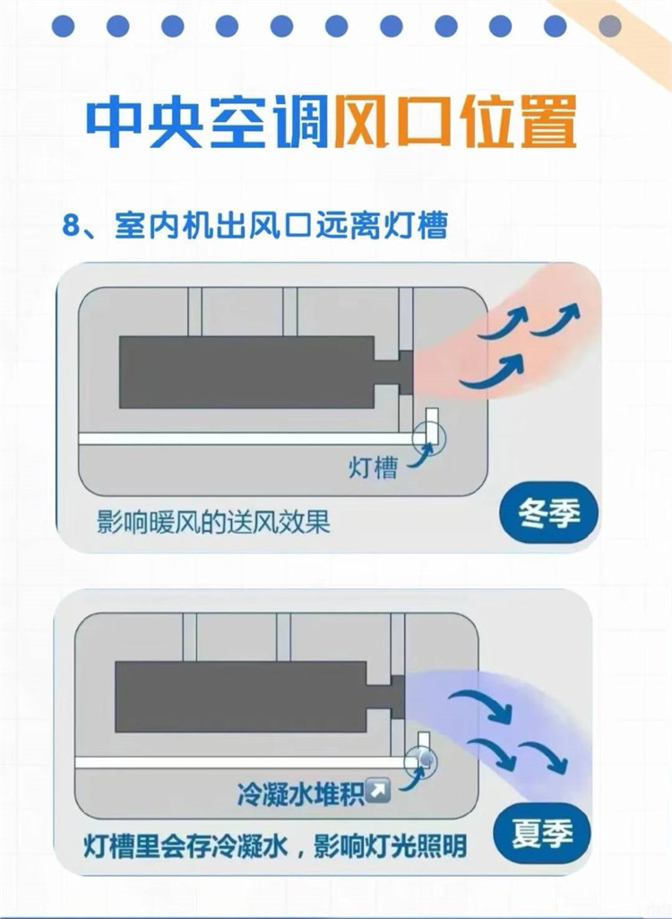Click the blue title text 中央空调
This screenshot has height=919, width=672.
coord(207,123)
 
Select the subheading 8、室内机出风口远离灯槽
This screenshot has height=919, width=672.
coord(254,225)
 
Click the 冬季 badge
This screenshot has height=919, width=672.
coord(549,514)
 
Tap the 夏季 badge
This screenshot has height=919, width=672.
coord(542,833)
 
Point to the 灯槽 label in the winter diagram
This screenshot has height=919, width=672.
coord(374,468)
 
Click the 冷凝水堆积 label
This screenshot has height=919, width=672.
coord(300,793)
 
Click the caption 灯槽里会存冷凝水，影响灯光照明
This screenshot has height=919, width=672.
coord(275,846)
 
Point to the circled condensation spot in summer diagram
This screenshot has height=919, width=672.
coord(420,762)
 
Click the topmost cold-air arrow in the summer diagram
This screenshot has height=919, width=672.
coord(480,703)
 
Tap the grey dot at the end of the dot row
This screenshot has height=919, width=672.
coord(609,26)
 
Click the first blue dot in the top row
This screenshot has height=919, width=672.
coord(64,26)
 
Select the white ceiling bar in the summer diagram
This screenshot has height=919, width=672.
coord(241,762)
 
